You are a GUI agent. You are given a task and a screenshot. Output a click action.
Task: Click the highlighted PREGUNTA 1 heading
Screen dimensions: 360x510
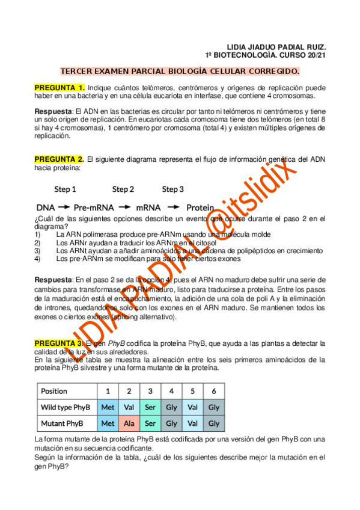(59, 88)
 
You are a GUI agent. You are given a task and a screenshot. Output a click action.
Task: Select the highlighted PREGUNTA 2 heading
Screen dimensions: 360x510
(59, 159)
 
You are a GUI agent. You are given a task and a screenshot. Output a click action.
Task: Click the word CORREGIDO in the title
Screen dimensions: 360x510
(267, 72)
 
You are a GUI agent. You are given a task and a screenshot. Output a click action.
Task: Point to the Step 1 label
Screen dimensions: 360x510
(65, 189)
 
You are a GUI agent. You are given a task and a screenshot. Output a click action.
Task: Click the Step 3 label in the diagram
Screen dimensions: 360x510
(172, 189)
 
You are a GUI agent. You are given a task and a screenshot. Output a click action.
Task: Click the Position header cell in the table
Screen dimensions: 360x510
(54, 391)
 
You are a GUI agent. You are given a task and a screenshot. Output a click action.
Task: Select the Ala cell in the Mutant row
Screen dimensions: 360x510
(129, 423)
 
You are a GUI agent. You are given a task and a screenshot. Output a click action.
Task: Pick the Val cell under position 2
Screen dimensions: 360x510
(129, 407)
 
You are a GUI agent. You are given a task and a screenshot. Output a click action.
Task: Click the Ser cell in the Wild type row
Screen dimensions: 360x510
(150, 407)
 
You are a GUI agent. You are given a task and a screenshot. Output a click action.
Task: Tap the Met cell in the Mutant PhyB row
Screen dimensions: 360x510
(108, 423)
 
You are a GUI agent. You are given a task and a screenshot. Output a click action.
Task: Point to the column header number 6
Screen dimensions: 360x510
(214, 391)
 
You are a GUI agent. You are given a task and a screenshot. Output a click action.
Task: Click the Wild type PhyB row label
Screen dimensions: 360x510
(65, 407)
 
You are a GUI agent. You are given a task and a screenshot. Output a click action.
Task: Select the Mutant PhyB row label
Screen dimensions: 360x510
(61, 423)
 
